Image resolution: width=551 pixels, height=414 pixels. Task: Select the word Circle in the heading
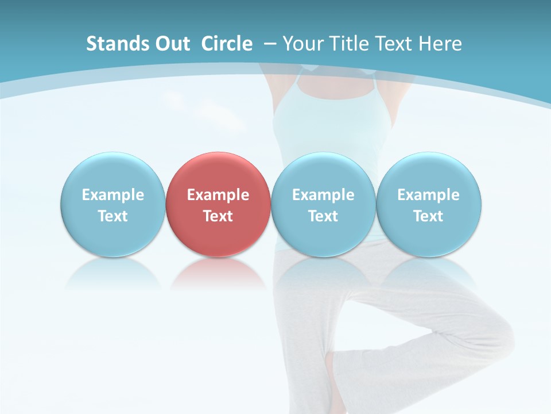click(x=227, y=44)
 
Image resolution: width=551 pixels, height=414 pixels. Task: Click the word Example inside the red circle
click(x=218, y=195)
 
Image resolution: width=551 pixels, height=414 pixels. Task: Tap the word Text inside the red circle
click(x=218, y=216)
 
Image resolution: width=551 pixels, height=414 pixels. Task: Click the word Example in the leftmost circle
click(x=112, y=195)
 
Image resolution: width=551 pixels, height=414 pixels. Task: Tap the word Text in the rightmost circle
click(x=429, y=216)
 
